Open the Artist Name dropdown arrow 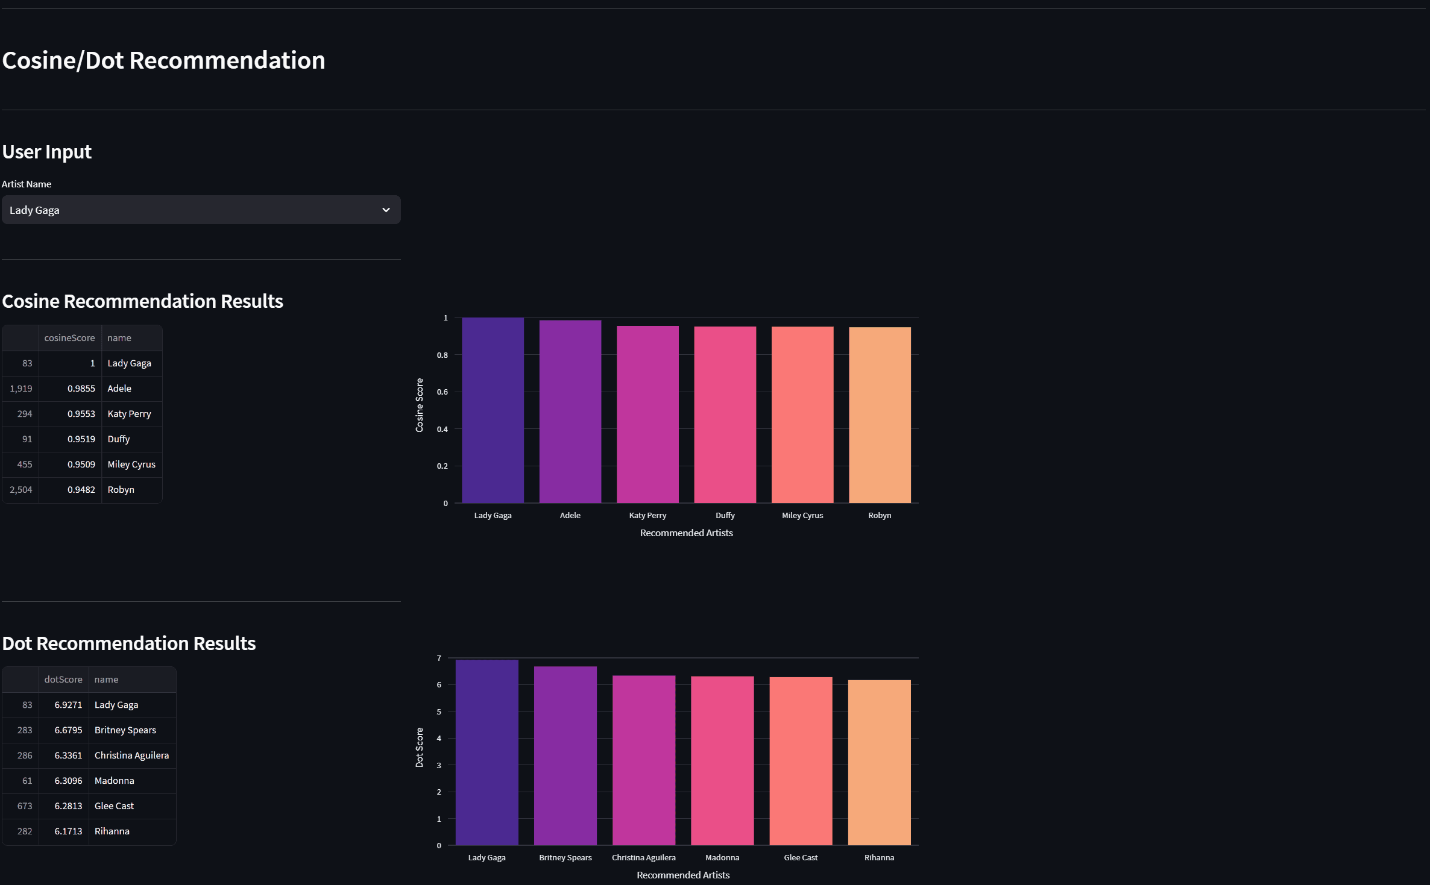[x=386, y=210]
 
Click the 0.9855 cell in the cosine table [x=81, y=389]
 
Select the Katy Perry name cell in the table [x=129, y=414]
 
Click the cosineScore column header [x=69, y=338]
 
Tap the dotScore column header [x=63, y=680]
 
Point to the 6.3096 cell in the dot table [x=68, y=781]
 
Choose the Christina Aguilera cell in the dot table [x=131, y=755]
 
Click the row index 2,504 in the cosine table [x=21, y=490]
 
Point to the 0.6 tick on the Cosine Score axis [x=443, y=392]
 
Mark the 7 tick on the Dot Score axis [x=439, y=658]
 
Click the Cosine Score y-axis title [x=420, y=405]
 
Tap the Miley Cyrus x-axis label [x=802, y=515]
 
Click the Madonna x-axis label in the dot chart [x=722, y=857]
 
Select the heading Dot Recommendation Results [x=129, y=643]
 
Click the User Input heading [x=47, y=152]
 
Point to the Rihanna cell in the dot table [x=112, y=831]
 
